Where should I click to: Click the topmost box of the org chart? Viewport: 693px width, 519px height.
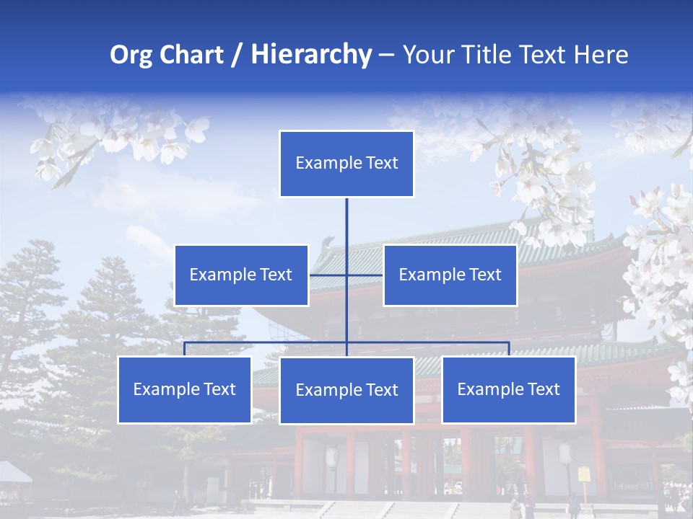tap(346, 164)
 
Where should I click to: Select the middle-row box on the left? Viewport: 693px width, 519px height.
tap(241, 275)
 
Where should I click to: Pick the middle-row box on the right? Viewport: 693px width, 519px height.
tap(450, 275)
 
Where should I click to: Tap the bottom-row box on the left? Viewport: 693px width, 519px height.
tap(185, 389)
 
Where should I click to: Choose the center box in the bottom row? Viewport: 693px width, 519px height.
tap(346, 390)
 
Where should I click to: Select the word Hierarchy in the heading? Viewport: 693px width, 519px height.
tap(310, 55)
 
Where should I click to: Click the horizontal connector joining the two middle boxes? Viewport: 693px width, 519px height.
tap(328, 275)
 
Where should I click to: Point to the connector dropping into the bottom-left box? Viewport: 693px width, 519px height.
tap(185, 349)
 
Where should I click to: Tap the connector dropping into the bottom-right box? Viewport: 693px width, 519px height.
tap(509, 349)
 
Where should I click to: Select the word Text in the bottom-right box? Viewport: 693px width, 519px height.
tap(543, 389)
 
